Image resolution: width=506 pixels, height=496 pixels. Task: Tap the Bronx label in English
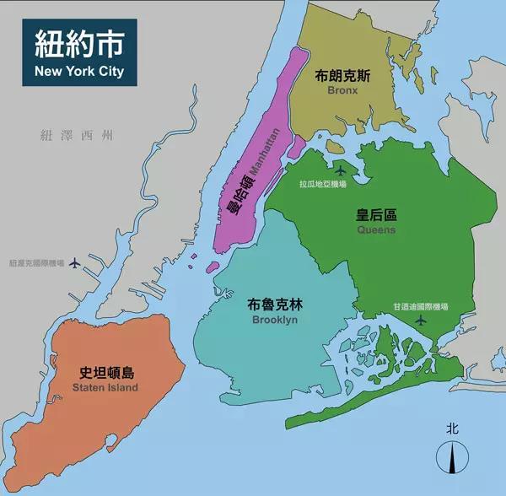pyautogui.click(x=342, y=91)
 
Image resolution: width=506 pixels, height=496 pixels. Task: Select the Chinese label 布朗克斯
pyautogui.click(x=342, y=75)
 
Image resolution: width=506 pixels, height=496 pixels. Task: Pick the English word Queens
pyautogui.click(x=376, y=229)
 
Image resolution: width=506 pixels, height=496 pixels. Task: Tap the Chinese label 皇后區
pyautogui.click(x=376, y=214)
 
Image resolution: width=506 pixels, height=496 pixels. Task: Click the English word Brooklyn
pyautogui.click(x=275, y=321)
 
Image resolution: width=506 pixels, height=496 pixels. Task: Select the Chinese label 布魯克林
pyautogui.click(x=275, y=305)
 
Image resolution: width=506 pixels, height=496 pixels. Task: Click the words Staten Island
pyautogui.click(x=105, y=388)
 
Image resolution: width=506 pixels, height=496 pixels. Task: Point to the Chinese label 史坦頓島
pyautogui.click(x=106, y=372)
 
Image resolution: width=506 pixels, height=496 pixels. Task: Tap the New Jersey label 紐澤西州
pyautogui.click(x=76, y=135)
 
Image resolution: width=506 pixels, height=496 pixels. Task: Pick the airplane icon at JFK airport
pyautogui.click(x=422, y=321)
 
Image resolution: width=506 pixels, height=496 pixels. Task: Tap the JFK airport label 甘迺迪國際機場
pyautogui.click(x=421, y=306)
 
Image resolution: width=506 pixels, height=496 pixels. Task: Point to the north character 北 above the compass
pyautogui.click(x=453, y=429)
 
